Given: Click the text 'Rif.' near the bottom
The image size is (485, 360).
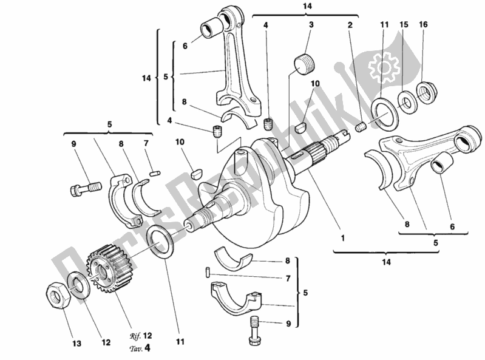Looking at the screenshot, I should [x=135, y=335].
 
